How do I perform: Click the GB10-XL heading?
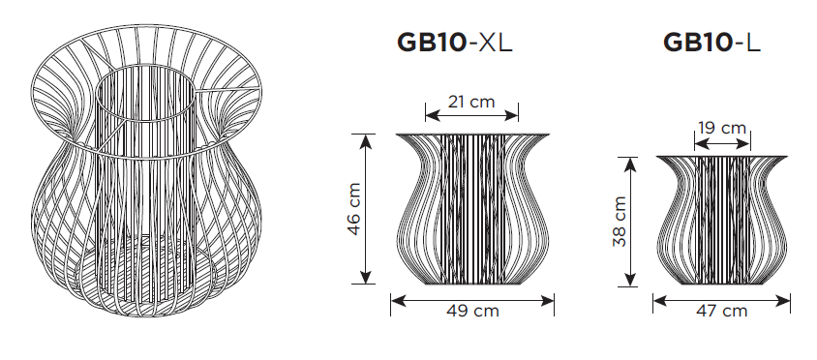(455, 43)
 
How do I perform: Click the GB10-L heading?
(711, 43)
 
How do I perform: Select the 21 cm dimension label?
(471, 101)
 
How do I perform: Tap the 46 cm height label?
(353, 209)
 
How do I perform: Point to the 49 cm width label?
(472, 311)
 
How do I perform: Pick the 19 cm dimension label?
(722, 128)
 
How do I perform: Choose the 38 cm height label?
(620, 222)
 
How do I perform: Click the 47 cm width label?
(721, 311)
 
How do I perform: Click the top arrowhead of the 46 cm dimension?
(367, 140)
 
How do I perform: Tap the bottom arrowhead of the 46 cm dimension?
(367, 278)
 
